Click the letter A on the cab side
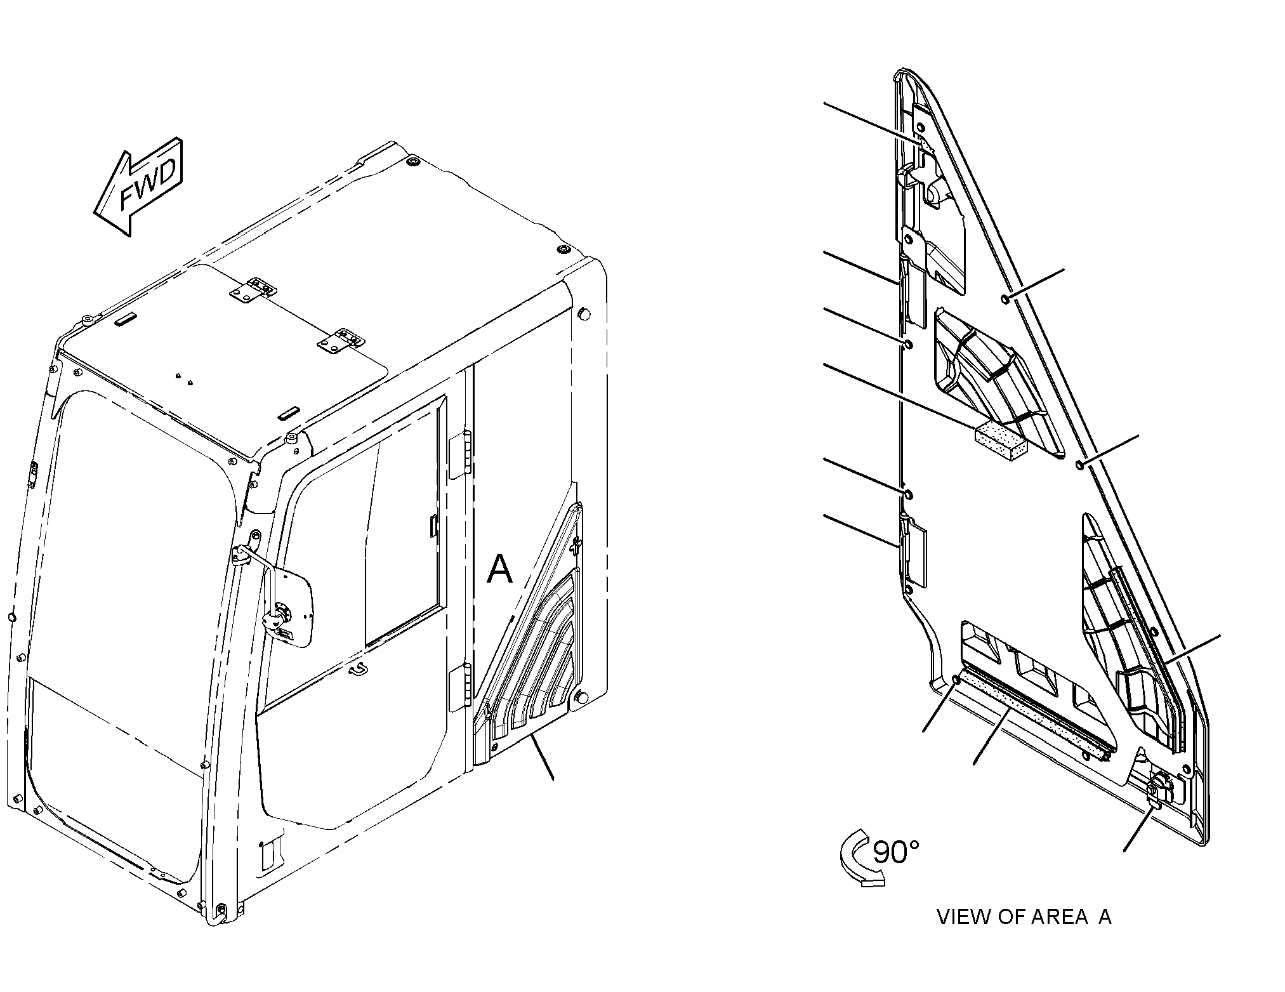pos(499,569)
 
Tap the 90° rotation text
pos(895,852)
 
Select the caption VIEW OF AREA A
pos(1024,916)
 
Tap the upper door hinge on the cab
pos(460,454)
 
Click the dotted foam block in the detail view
pos(1001,440)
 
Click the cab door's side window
pos(402,520)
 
